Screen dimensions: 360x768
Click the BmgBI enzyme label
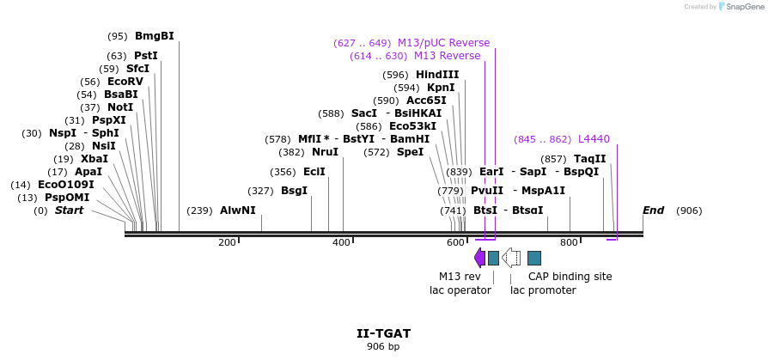[155, 36]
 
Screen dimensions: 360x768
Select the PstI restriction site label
[146, 56]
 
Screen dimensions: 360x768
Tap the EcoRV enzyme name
[125, 82]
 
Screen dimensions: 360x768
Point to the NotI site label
[120, 107]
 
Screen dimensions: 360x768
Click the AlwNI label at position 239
[238, 211]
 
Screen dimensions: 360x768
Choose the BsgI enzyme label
[294, 191]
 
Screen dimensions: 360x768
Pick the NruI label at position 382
[325, 152]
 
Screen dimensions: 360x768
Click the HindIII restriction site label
[437, 75]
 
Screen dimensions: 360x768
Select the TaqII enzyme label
[589, 159]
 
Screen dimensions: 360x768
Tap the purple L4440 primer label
[594, 139]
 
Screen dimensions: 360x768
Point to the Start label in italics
[70, 211]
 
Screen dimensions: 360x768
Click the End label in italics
[654, 211]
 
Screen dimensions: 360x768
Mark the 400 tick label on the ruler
[341, 243]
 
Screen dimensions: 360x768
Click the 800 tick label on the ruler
[569, 243]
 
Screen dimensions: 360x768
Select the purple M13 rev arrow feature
[479, 258]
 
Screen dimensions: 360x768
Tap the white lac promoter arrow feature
[511, 258]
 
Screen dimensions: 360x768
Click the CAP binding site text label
[570, 277]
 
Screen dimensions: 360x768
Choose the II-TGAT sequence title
[383, 333]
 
